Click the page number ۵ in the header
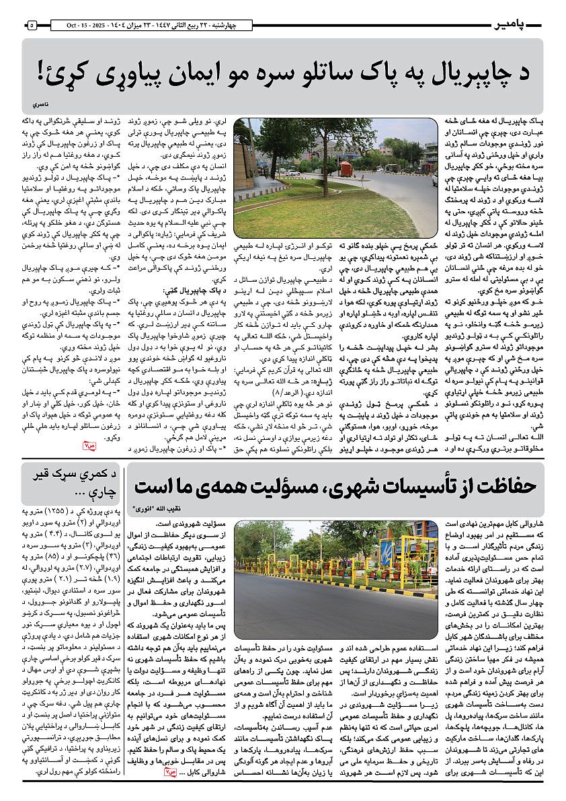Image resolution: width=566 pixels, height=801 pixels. (32, 25)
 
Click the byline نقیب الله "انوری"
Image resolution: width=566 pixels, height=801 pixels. (157, 509)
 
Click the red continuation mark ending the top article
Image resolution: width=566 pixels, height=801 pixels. (89, 445)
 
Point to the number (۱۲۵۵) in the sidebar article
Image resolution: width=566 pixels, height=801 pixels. (75, 513)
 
